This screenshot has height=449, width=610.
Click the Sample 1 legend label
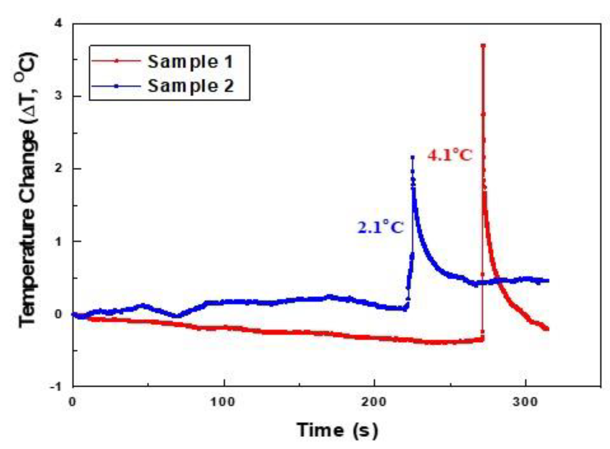click(191, 62)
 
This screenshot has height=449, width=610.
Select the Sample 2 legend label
click(191, 86)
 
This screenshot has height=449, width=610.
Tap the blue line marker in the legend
click(116, 86)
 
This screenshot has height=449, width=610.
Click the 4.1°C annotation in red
click(449, 156)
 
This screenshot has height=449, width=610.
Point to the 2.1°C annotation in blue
click(380, 228)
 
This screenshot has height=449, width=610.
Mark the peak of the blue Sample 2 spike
click(413, 157)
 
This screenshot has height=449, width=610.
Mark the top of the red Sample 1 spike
click(483, 46)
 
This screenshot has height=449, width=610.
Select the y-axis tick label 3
click(58, 96)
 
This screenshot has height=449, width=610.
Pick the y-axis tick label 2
click(58, 168)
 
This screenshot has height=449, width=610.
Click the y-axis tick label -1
click(56, 387)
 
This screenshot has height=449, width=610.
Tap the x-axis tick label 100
click(223, 402)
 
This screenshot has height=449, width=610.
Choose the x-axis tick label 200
click(374, 402)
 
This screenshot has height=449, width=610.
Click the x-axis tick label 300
click(525, 402)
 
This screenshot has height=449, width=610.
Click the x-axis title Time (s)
click(337, 430)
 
